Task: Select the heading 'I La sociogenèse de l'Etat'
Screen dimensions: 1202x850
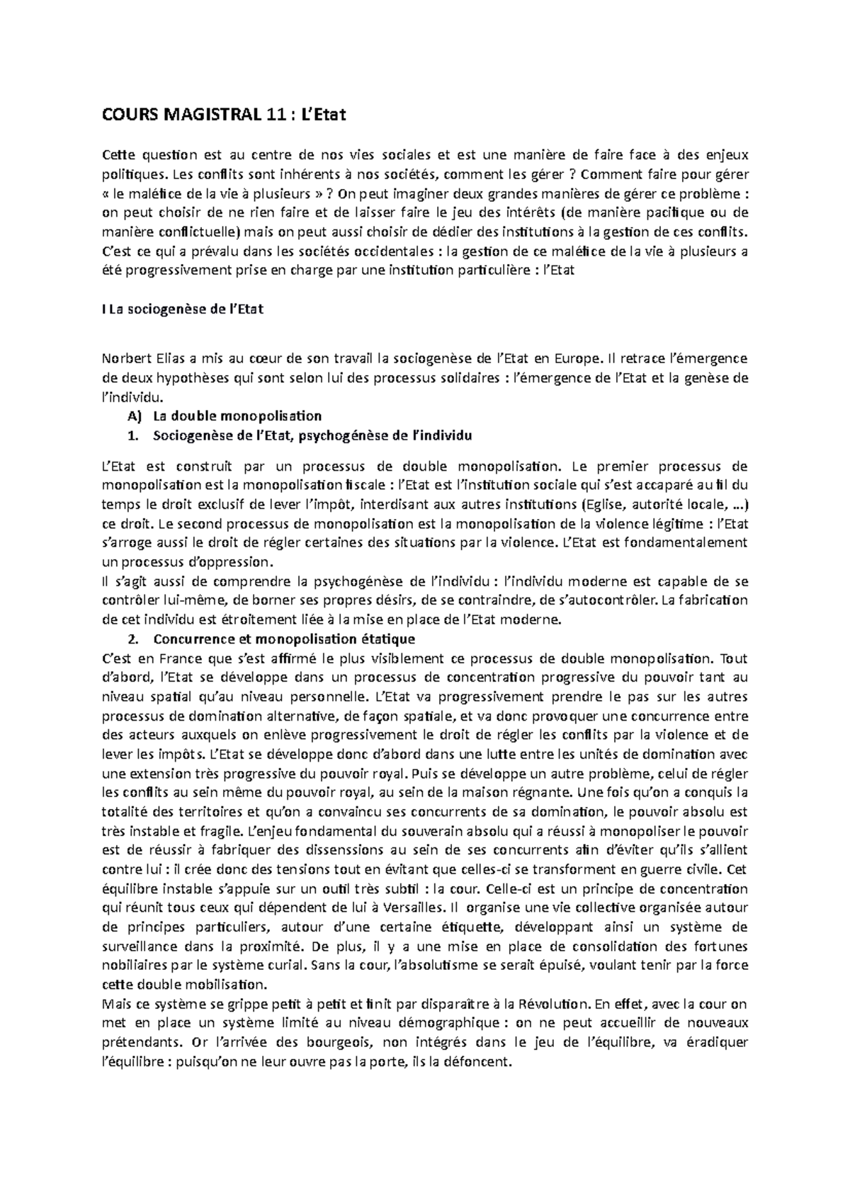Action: pos(183,310)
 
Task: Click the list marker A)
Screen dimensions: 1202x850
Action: pos(134,416)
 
